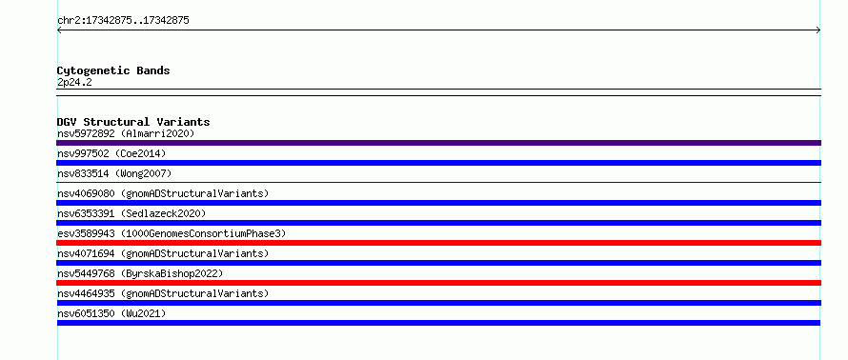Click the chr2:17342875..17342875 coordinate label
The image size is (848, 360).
pos(123,21)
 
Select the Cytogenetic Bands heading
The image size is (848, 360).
pos(113,70)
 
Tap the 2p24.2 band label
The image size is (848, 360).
pos(74,82)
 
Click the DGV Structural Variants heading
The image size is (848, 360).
pos(133,122)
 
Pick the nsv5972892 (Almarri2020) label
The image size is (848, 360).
pos(126,133)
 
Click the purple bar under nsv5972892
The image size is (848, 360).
pos(438,143)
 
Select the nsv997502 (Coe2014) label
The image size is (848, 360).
pos(111,153)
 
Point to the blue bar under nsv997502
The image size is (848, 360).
pos(438,163)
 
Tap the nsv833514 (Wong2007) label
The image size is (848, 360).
pos(114,173)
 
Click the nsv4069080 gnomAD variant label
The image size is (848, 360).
pos(163,193)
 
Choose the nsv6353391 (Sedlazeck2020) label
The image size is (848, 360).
pos(131,213)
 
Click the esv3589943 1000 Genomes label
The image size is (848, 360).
pos(172,233)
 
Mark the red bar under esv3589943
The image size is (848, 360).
pos(438,243)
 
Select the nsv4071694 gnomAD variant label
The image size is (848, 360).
pos(163,253)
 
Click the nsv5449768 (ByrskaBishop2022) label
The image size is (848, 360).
pos(140,273)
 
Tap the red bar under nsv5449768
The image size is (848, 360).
pos(438,283)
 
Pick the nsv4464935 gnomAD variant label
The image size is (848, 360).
pos(163,293)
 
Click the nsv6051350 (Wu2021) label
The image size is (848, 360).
pos(111,313)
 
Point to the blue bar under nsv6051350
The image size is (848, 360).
pos(438,323)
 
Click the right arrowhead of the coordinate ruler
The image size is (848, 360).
pos(819,30)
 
